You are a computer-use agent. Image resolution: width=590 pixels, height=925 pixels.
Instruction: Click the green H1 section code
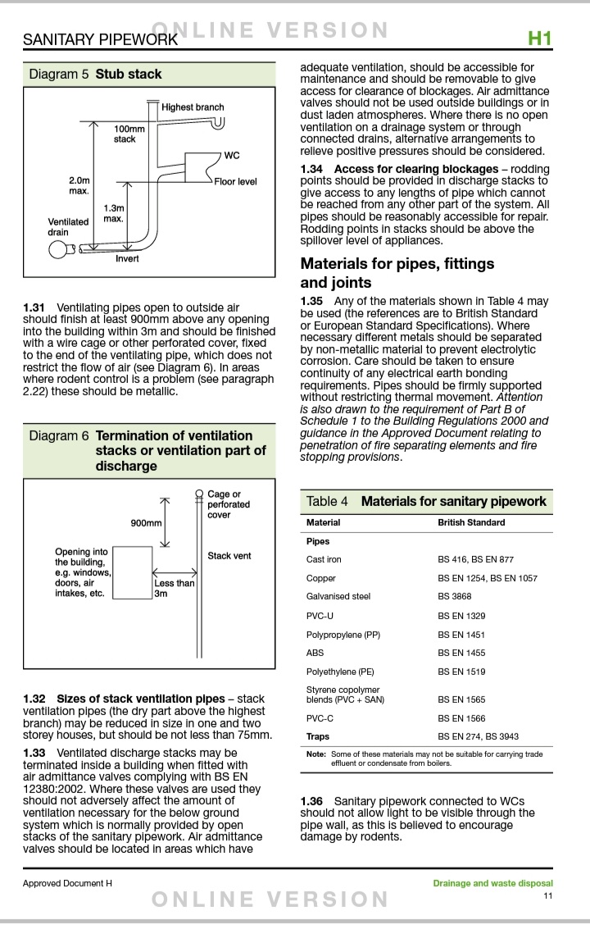[539, 39]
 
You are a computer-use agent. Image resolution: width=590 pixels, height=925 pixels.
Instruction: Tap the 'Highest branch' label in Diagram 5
[193, 107]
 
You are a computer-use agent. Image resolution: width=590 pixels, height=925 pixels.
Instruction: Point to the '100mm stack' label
[128, 134]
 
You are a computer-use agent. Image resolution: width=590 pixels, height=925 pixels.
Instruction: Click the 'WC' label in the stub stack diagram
[232, 156]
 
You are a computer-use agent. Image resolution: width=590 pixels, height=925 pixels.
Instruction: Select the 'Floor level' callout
[236, 181]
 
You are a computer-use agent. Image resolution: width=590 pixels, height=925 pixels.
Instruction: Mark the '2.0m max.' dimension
[79, 185]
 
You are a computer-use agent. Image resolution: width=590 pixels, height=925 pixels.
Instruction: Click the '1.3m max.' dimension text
[114, 213]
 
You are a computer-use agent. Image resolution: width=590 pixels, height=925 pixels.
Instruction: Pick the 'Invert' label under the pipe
[127, 258]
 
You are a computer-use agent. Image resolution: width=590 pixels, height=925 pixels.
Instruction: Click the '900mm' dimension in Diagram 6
[147, 522]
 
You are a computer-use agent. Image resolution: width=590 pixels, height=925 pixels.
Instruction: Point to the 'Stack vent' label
[229, 556]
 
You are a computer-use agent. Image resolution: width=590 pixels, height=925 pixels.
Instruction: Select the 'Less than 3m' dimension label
[175, 588]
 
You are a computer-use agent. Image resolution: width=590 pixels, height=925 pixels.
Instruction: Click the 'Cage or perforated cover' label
[229, 504]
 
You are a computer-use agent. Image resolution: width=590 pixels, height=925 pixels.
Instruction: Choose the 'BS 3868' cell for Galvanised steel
[456, 596]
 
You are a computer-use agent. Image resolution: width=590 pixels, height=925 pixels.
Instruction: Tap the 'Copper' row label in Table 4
[321, 578]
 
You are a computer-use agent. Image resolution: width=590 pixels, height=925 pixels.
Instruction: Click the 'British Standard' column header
[471, 522]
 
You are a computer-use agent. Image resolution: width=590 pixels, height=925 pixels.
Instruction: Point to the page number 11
[547, 895]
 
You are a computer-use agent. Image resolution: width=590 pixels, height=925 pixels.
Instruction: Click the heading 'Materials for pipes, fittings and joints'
[397, 273]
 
